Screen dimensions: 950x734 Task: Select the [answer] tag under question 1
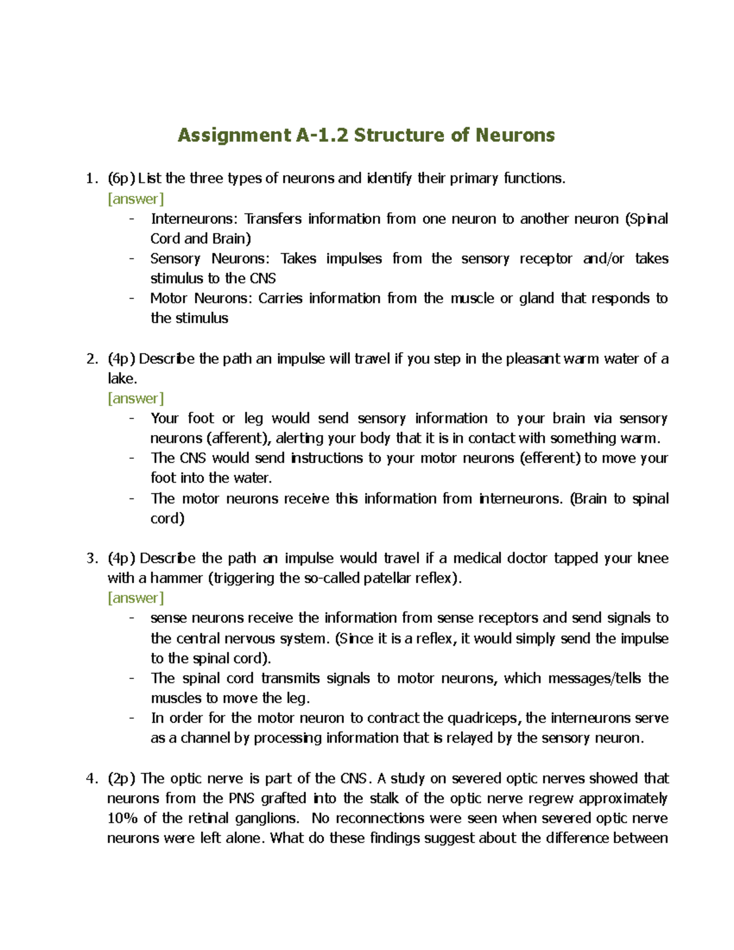(x=136, y=199)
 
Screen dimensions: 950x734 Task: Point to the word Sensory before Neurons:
(x=175, y=259)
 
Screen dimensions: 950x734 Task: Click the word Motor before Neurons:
(x=169, y=299)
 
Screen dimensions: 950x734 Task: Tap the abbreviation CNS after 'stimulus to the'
(x=262, y=278)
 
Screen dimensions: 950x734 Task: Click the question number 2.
(x=92, y=359)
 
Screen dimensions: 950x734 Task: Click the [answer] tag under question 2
(x=136, y=399)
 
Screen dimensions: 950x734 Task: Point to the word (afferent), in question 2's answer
(x=238, y=438)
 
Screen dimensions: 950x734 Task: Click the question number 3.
(x=92, y=558)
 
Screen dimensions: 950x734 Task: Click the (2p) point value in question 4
(x=121, y=779)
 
